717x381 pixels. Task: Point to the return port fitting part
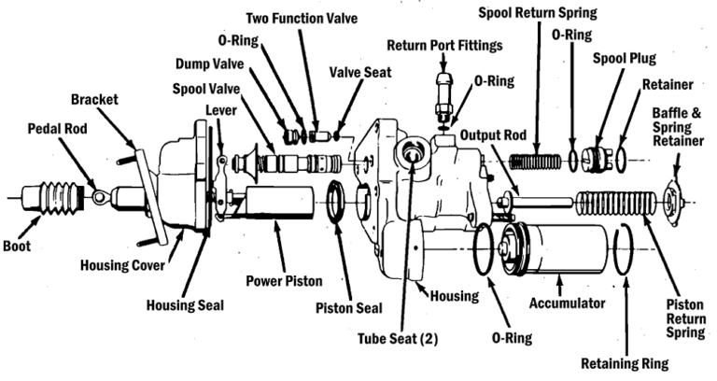coord(443,92)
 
